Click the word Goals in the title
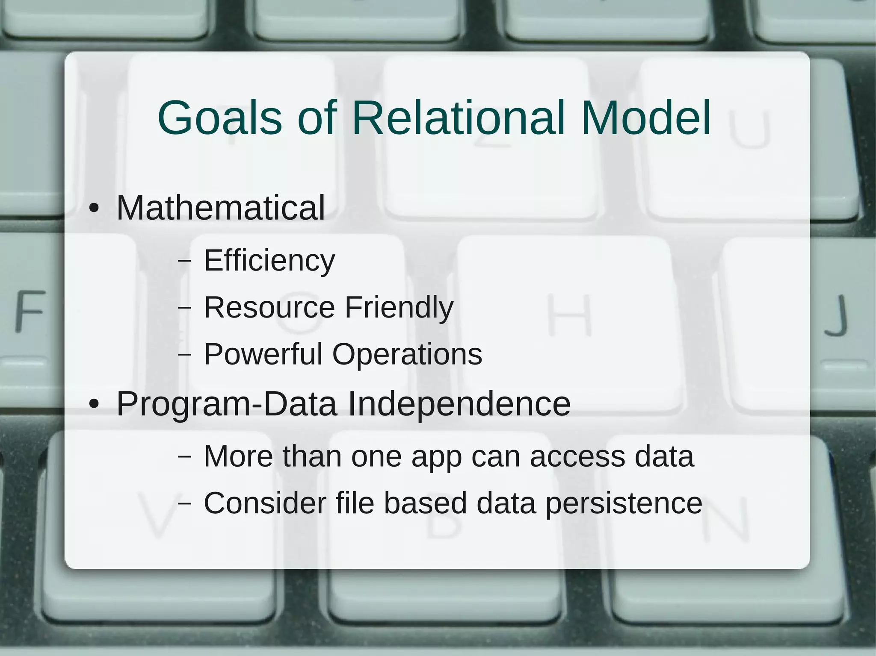point(219,118)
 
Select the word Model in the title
point(646,118)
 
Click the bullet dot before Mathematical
point(94,209)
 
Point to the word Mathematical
point(221,208)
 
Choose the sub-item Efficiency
point(269,261)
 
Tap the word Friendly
point(399,308)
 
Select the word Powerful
point(263,354)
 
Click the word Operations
point(407,355)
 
